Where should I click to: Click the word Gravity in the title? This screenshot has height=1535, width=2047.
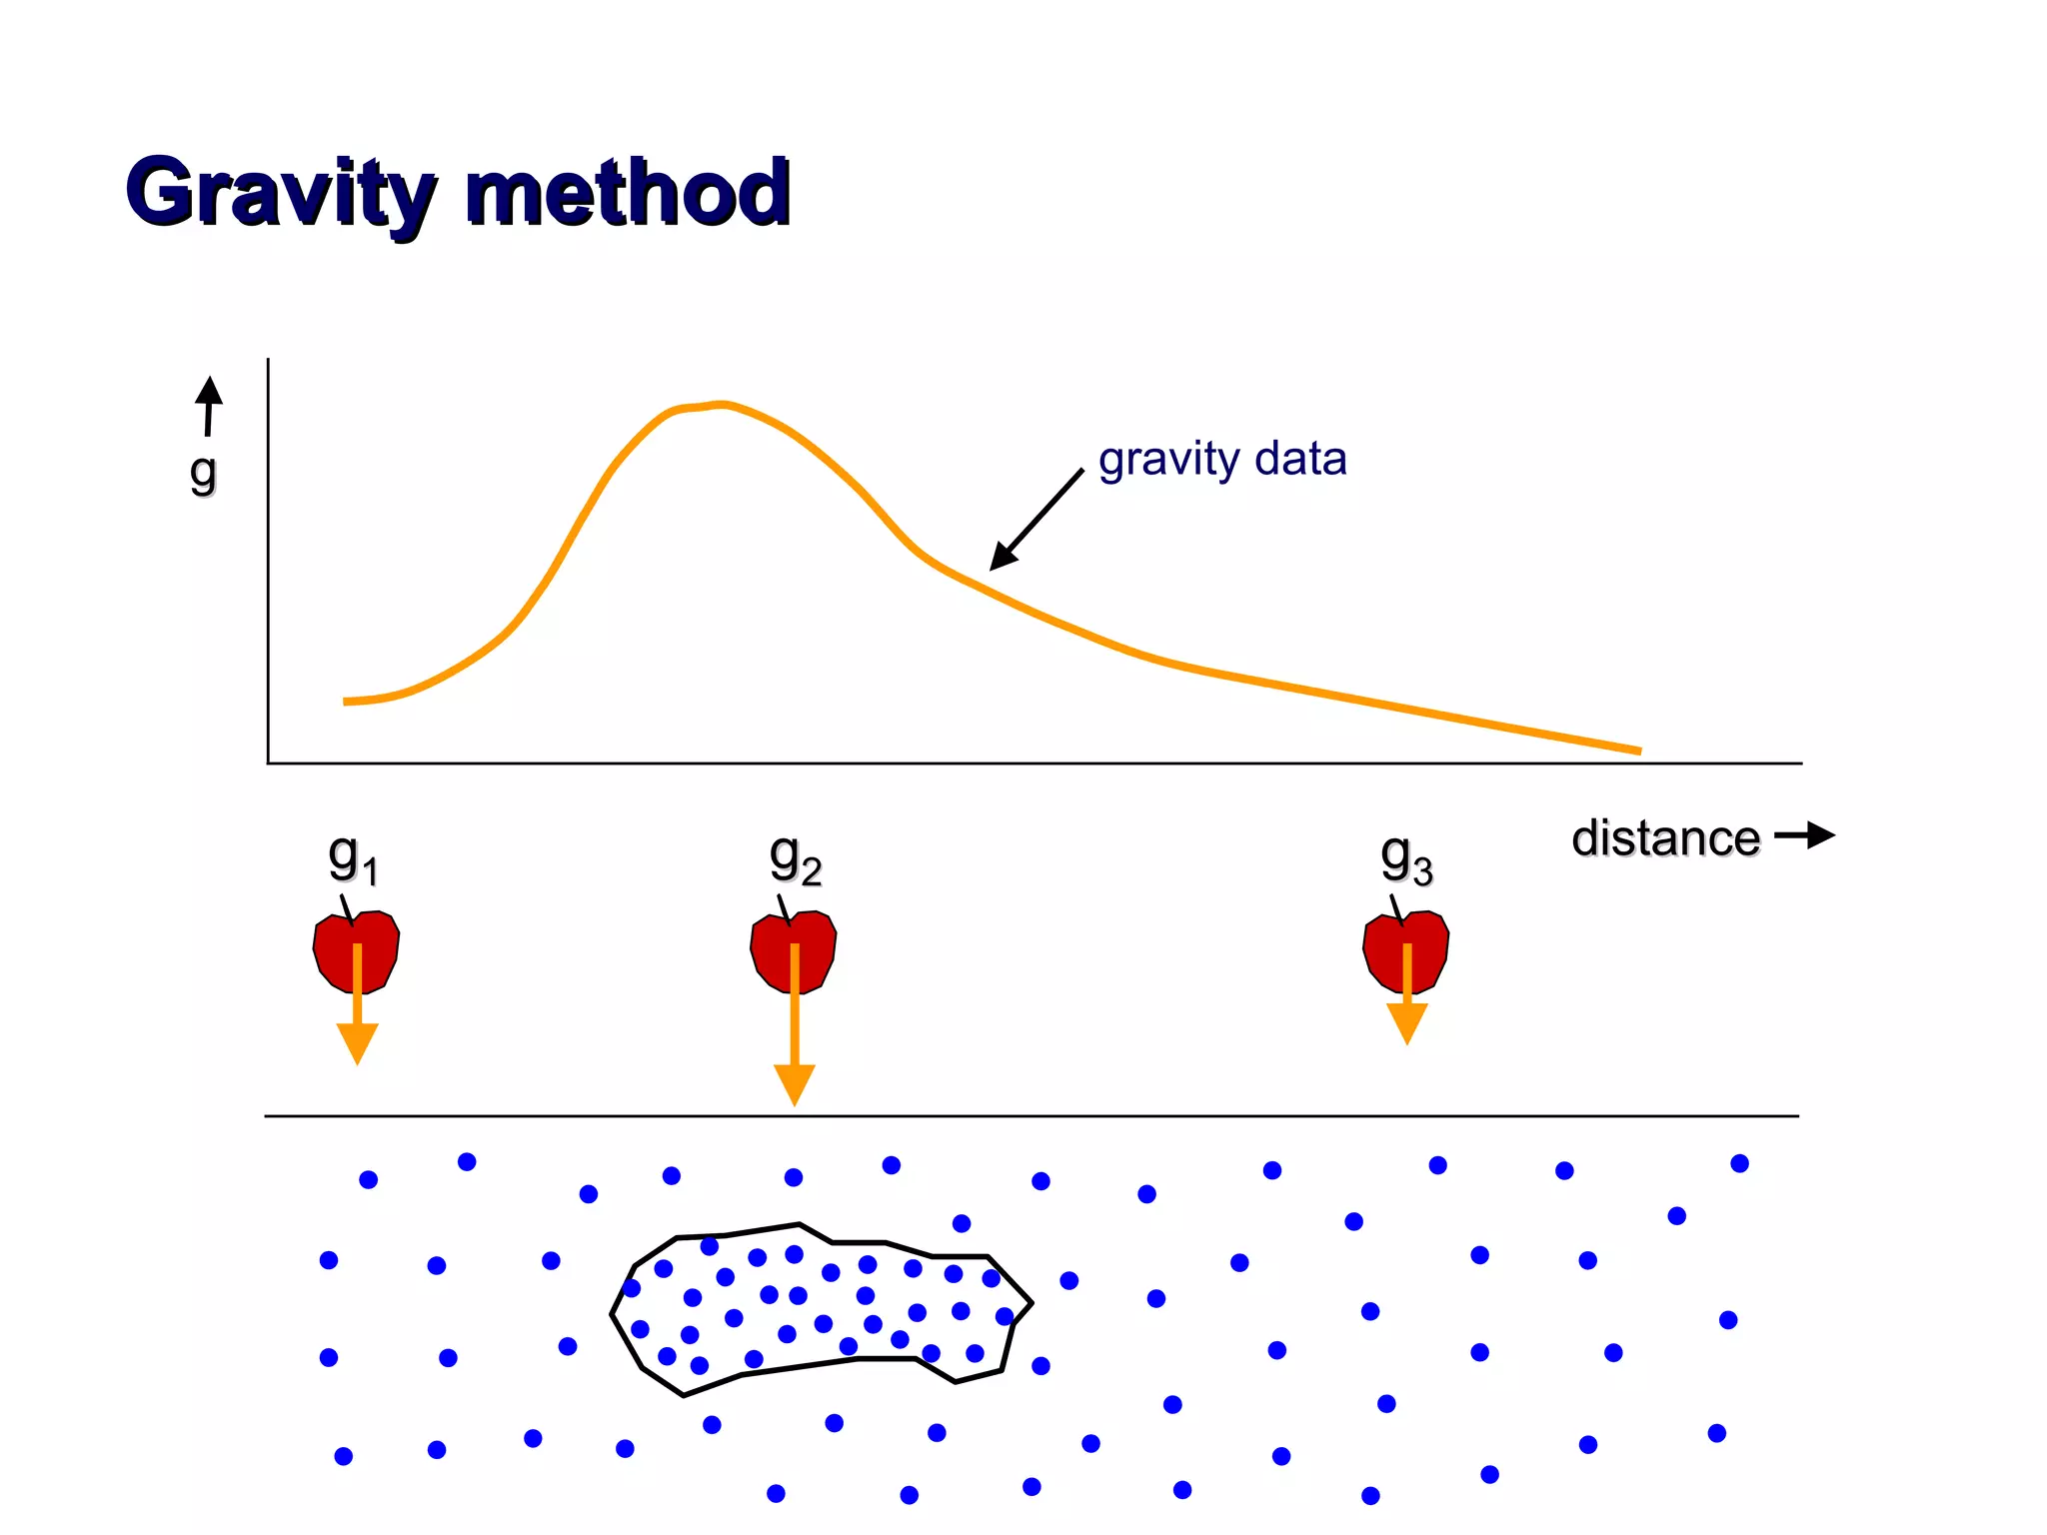click(x=281, y=193)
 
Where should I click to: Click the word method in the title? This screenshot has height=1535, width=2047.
click(x=628, y=193)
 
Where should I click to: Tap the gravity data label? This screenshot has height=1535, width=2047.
click(x=1221, y=460)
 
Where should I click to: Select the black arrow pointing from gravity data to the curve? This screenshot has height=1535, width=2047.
click(x=1036, y=520)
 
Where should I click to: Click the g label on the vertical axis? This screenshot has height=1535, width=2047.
click(x=203, y=472)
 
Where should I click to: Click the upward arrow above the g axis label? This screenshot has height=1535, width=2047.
click(x=209, y=405)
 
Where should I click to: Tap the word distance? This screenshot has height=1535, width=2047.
click(x=1665, y=838)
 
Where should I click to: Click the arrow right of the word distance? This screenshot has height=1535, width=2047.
click(x=1805, y=835)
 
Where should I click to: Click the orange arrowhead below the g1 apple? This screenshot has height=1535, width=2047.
click(x=357, y=1042)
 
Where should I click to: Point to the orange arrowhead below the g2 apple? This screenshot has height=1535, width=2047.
click(x=795, y=1083)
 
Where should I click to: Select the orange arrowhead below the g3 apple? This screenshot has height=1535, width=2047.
click(x=1406, y=1022)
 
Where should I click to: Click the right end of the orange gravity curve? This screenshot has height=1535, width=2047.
click(x=1637, y=751)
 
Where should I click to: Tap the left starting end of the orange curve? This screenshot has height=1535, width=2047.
click(x=347, y=702)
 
